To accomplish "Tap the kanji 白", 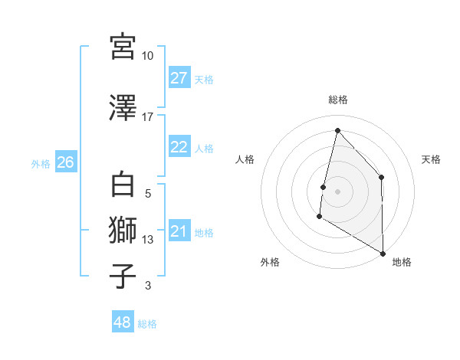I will click(123, 185).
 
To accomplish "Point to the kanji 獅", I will click(123, 231).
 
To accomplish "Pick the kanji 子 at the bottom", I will click(123, 277).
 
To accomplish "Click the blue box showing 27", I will click(179, 78).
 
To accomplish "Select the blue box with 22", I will click(179, 147).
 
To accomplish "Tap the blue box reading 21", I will click(179, 231).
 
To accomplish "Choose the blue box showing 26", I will click(65, 162).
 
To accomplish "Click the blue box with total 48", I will click(123, 322).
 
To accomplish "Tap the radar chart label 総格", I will click(337, 100).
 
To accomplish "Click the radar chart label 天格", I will click(431, 159).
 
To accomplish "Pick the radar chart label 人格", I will click(245, 159).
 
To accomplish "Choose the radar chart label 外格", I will click(269, 263).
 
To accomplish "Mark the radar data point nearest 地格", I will click(383, 253).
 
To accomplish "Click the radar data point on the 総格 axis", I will click(337, 129).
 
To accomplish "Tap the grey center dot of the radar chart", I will click(337, 191).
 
